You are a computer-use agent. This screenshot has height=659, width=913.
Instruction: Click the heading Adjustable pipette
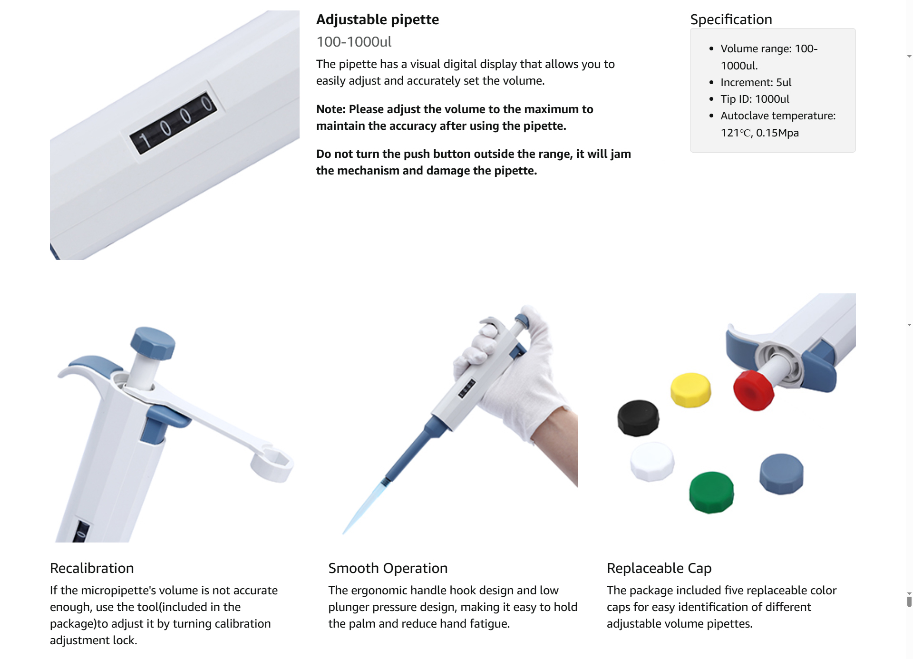click(378, 19)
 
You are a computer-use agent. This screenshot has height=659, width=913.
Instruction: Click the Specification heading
click(731, 19)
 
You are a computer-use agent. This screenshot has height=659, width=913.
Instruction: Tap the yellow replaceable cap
click(690, 390)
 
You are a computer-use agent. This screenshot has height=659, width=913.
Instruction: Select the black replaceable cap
click(638, 418)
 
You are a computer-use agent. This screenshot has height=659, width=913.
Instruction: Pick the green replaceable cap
click(711, 492)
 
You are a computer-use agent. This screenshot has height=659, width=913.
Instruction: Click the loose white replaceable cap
click(652, 461)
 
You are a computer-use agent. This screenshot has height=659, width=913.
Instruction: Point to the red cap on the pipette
click(753, 390)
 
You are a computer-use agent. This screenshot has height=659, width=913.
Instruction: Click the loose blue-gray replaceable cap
click(781, 474)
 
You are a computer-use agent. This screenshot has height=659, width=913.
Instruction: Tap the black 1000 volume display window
click(174, 123)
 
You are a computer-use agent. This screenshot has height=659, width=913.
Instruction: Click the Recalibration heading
click(92, 568)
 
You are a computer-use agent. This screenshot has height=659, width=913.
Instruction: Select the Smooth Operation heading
click(388, 568)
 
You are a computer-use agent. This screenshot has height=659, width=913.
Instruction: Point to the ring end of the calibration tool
click(272, 465)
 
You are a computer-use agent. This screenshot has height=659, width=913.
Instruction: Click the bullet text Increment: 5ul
click(756, 82)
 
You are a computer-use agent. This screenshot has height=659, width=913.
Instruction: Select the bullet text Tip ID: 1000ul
click(755, 99)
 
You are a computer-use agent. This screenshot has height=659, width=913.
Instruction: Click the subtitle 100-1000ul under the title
click(354, 42)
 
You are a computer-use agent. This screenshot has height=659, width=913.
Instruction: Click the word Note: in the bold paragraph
click(331, 109)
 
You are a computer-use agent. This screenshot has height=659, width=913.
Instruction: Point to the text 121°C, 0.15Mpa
click(759, 133)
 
